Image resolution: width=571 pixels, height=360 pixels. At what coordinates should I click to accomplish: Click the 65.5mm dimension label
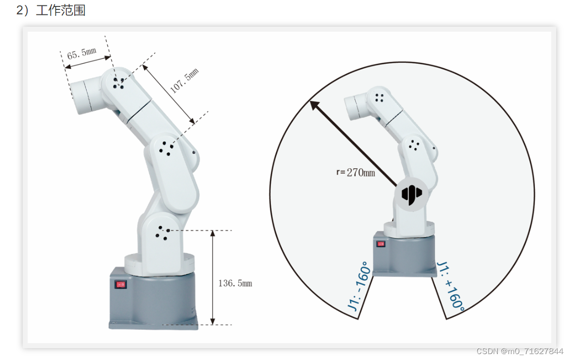click(82, 53)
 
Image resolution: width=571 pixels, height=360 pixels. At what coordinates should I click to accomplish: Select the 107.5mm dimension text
click(184, 81)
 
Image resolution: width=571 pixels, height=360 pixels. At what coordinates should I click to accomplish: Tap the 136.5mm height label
click(235, 283)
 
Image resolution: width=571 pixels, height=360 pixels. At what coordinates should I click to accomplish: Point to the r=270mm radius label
click(355, 173)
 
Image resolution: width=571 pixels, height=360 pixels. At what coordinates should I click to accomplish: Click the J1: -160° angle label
click(359, 286)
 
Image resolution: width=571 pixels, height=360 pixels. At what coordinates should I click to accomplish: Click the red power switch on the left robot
click(121, 284)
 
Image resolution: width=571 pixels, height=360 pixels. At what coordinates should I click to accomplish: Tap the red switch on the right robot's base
click(381, 244)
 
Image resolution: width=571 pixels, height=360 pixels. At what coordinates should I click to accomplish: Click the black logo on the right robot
click(411, 194)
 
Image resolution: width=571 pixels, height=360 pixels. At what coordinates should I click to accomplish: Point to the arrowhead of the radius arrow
click(313, 105)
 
